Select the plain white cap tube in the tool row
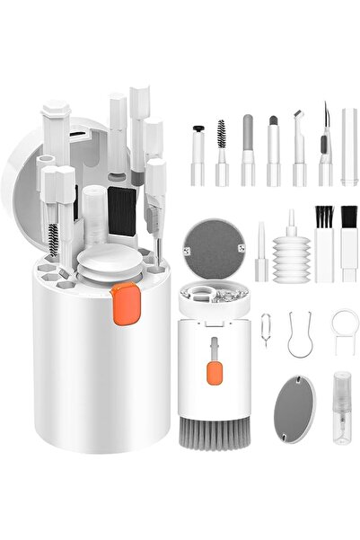point(348,148)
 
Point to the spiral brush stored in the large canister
point(55,240)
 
